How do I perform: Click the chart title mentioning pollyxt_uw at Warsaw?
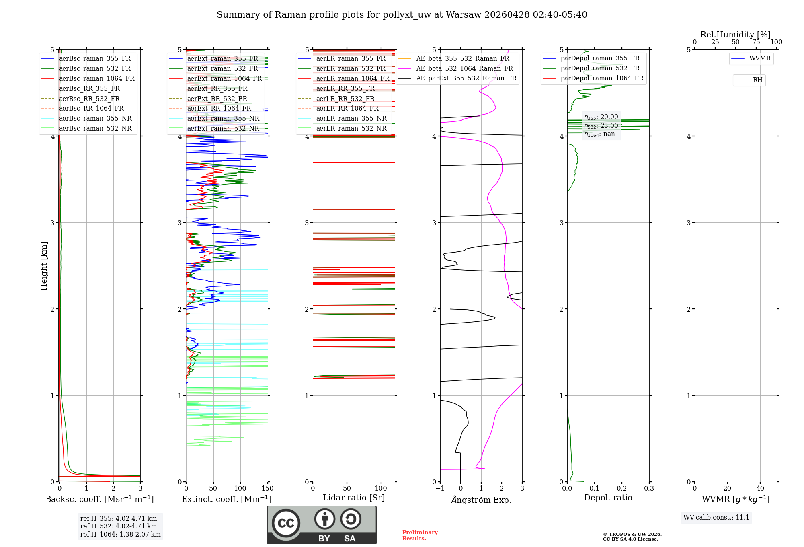coord(402,15)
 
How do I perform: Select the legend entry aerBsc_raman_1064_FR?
coord(96,78)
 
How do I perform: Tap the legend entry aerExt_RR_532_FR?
coord(217,99)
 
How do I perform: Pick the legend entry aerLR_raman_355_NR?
coord(351,118)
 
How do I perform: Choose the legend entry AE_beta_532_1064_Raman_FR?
coord(464,68)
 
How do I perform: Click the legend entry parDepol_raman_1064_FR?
coord(602,78)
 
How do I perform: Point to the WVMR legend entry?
coord(760,58)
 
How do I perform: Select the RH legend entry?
coord(757,80)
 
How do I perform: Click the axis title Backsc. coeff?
coord(99,499)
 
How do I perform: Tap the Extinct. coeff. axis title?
coord(226,499)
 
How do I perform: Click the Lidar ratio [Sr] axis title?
coord(353,498)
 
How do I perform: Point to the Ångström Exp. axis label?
coord(481,500)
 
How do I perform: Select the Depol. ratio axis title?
coord(608,498)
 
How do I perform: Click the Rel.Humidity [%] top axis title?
coord(735,35)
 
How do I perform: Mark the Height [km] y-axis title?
coord(44,265)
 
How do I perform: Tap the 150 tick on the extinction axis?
coord(267,489)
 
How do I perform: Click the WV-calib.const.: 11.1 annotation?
coord(716,517)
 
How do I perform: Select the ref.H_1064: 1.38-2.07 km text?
coord(120,534)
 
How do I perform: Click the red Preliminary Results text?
coord(420,535)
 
